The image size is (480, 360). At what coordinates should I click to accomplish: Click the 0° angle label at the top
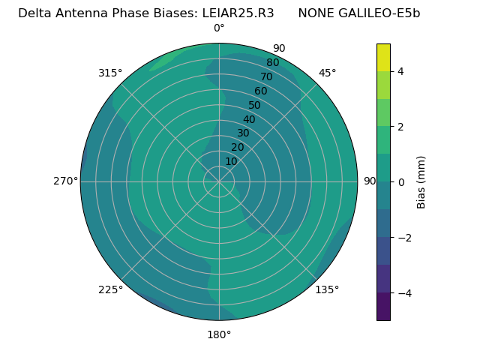point(219,28)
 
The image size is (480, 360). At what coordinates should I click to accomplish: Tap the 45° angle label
point(327,73)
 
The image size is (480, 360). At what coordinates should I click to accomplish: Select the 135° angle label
point(327,289)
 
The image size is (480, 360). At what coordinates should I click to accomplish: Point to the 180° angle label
point(219,334)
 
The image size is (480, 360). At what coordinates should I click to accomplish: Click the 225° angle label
point(110,289)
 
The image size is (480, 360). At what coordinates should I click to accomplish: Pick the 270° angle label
point(65,181)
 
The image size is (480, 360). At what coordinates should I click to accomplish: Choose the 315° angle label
point(110,73)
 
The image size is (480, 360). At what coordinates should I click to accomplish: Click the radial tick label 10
point(231,161)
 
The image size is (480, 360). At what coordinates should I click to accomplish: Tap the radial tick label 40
point(249,120)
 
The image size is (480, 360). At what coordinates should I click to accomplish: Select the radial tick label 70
point(266,77)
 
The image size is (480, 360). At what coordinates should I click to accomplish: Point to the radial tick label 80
point(272,63)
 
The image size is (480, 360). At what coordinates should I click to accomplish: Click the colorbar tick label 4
point(400,71)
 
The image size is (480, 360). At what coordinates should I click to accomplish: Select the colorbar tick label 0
point(400,181)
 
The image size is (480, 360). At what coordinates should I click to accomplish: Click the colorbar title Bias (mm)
point(421,181)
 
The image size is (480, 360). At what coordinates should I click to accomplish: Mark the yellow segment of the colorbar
point(383,57)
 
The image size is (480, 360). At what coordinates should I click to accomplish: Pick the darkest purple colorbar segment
point(383,306)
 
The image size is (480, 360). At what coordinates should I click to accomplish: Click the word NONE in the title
point(316,13)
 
